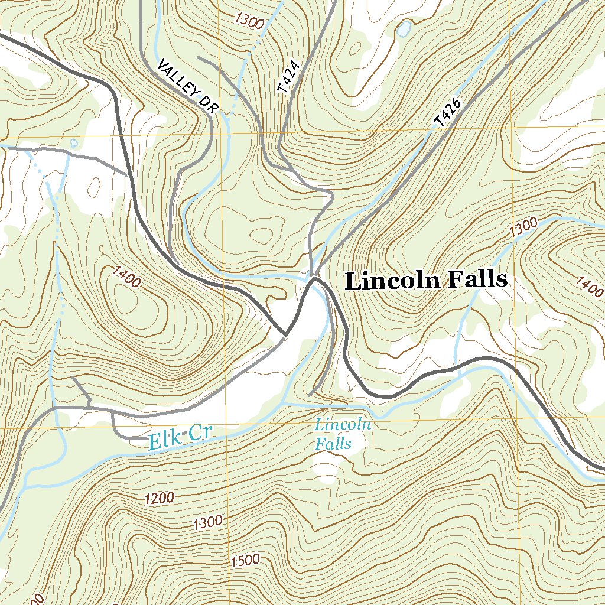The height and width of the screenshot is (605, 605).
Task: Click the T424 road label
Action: (289, 77)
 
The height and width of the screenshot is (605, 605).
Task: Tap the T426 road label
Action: (447, 113)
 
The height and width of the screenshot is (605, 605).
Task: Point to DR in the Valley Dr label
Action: (207, 104)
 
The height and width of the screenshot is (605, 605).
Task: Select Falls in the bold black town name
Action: (477, 279)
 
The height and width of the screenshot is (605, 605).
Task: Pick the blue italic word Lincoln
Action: (343, 424)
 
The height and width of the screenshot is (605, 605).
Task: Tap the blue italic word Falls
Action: (333, 444)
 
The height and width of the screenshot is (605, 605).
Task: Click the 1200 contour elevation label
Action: (158, 498)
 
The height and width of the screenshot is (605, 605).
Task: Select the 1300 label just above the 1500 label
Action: (207, 522)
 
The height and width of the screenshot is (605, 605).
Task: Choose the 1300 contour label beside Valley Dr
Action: (249, 21)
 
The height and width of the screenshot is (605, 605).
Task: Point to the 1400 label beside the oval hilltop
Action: (126, 277)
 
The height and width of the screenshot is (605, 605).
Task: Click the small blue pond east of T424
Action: (404, 29)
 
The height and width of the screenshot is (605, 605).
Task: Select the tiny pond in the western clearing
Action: (74, 143)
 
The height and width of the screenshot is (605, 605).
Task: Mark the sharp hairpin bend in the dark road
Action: (285, 335)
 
